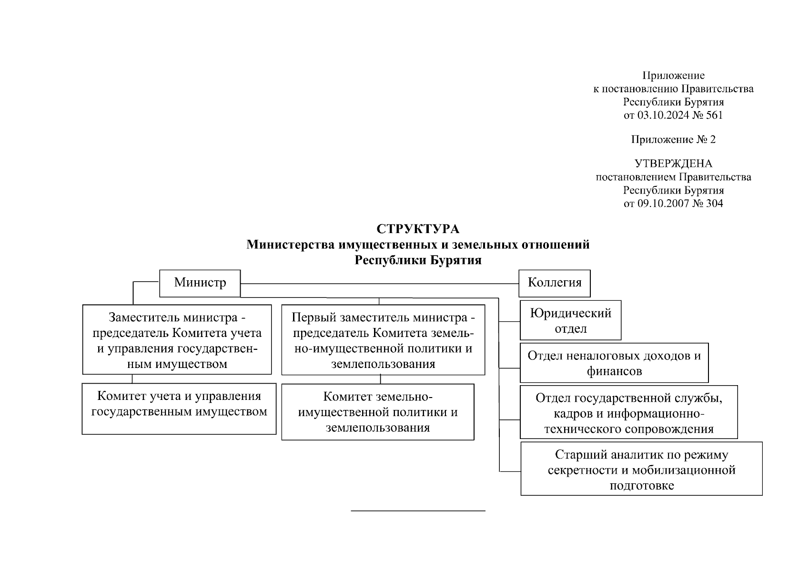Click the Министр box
click(x=200, y=283)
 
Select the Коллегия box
click(x=554, y=283)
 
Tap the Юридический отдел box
click(x=570, y=320)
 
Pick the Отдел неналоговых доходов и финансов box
click(x=614, y=363)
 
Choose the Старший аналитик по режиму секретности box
click(x=641, y=469)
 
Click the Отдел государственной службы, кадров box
click(x=628, y=412)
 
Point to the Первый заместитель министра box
click(x=383, y=340)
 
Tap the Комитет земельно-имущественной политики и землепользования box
click(x=377, y=412)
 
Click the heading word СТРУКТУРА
click(x=418, y=229)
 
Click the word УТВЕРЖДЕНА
click(x=673, y=164)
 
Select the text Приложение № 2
click(x=673, y=140)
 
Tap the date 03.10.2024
click(x=663, y=115)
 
